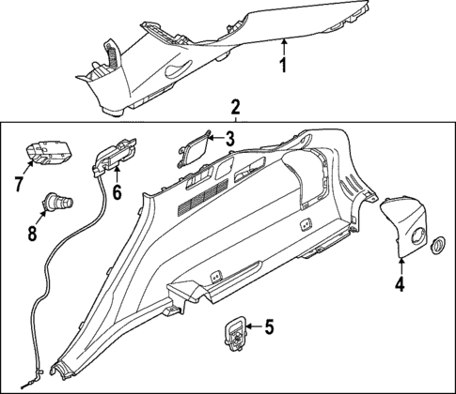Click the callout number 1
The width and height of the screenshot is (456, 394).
(x=283, y=66)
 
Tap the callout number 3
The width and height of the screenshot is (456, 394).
(x=228, y=140)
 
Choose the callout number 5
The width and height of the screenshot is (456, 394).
(x=268, y=327)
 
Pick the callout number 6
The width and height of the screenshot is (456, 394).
(x=118, y=191)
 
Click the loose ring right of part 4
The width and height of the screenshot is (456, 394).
(x=437, y=246)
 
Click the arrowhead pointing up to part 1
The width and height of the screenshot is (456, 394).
(x=283, y=41)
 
